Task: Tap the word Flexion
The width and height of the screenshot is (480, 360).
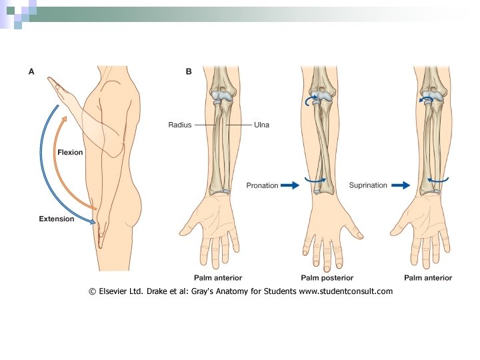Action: tap(70, 153)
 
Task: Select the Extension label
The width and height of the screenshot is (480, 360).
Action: tap(56, 219)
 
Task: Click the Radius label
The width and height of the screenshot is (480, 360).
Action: tap(180, 125)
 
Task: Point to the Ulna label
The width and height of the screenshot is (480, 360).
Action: tap(261, 125)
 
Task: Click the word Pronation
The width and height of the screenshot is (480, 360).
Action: tap(262, 185)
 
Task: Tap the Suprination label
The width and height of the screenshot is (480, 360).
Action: tap(367, 185)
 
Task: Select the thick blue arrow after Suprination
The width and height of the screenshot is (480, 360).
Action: tap(399, 185)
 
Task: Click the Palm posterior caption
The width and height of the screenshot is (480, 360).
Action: tap(327, 277)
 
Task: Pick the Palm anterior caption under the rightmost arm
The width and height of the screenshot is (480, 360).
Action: tap(429, 277)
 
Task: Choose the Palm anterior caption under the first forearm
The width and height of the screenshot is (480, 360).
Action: tap(218, 277)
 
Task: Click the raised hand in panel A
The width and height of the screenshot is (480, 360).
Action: tap(61, 88)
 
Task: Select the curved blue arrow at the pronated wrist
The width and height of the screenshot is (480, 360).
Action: tap(316, 179)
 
